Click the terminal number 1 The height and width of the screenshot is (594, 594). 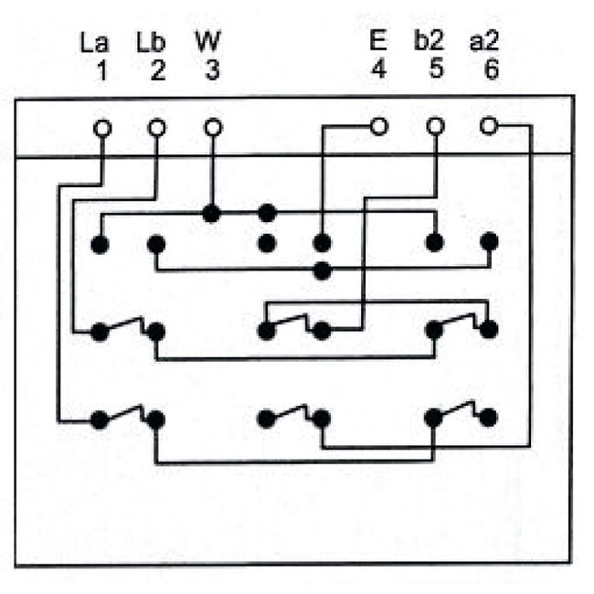click(x=102, y=71)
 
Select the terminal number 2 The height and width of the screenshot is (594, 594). click(x=158, y=71)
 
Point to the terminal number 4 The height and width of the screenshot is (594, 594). click(x=377, y=71)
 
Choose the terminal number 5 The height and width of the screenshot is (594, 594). click(x=435, y=70)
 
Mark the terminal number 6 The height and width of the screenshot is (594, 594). click(x=491, y=71)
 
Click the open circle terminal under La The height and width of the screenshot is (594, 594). click(x=101, y=128)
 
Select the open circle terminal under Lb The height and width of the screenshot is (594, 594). click(x=157, y=128)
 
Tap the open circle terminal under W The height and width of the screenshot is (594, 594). click(x=212, y=128)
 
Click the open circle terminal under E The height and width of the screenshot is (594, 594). click(x=378, y=126)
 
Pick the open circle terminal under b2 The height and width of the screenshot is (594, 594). click(x=436, y=126)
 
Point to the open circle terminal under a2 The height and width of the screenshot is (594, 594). click(x=490, y=126)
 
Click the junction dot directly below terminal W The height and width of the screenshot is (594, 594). click(x=212, y=214)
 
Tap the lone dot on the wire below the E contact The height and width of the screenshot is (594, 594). click(x=322, y=270)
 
